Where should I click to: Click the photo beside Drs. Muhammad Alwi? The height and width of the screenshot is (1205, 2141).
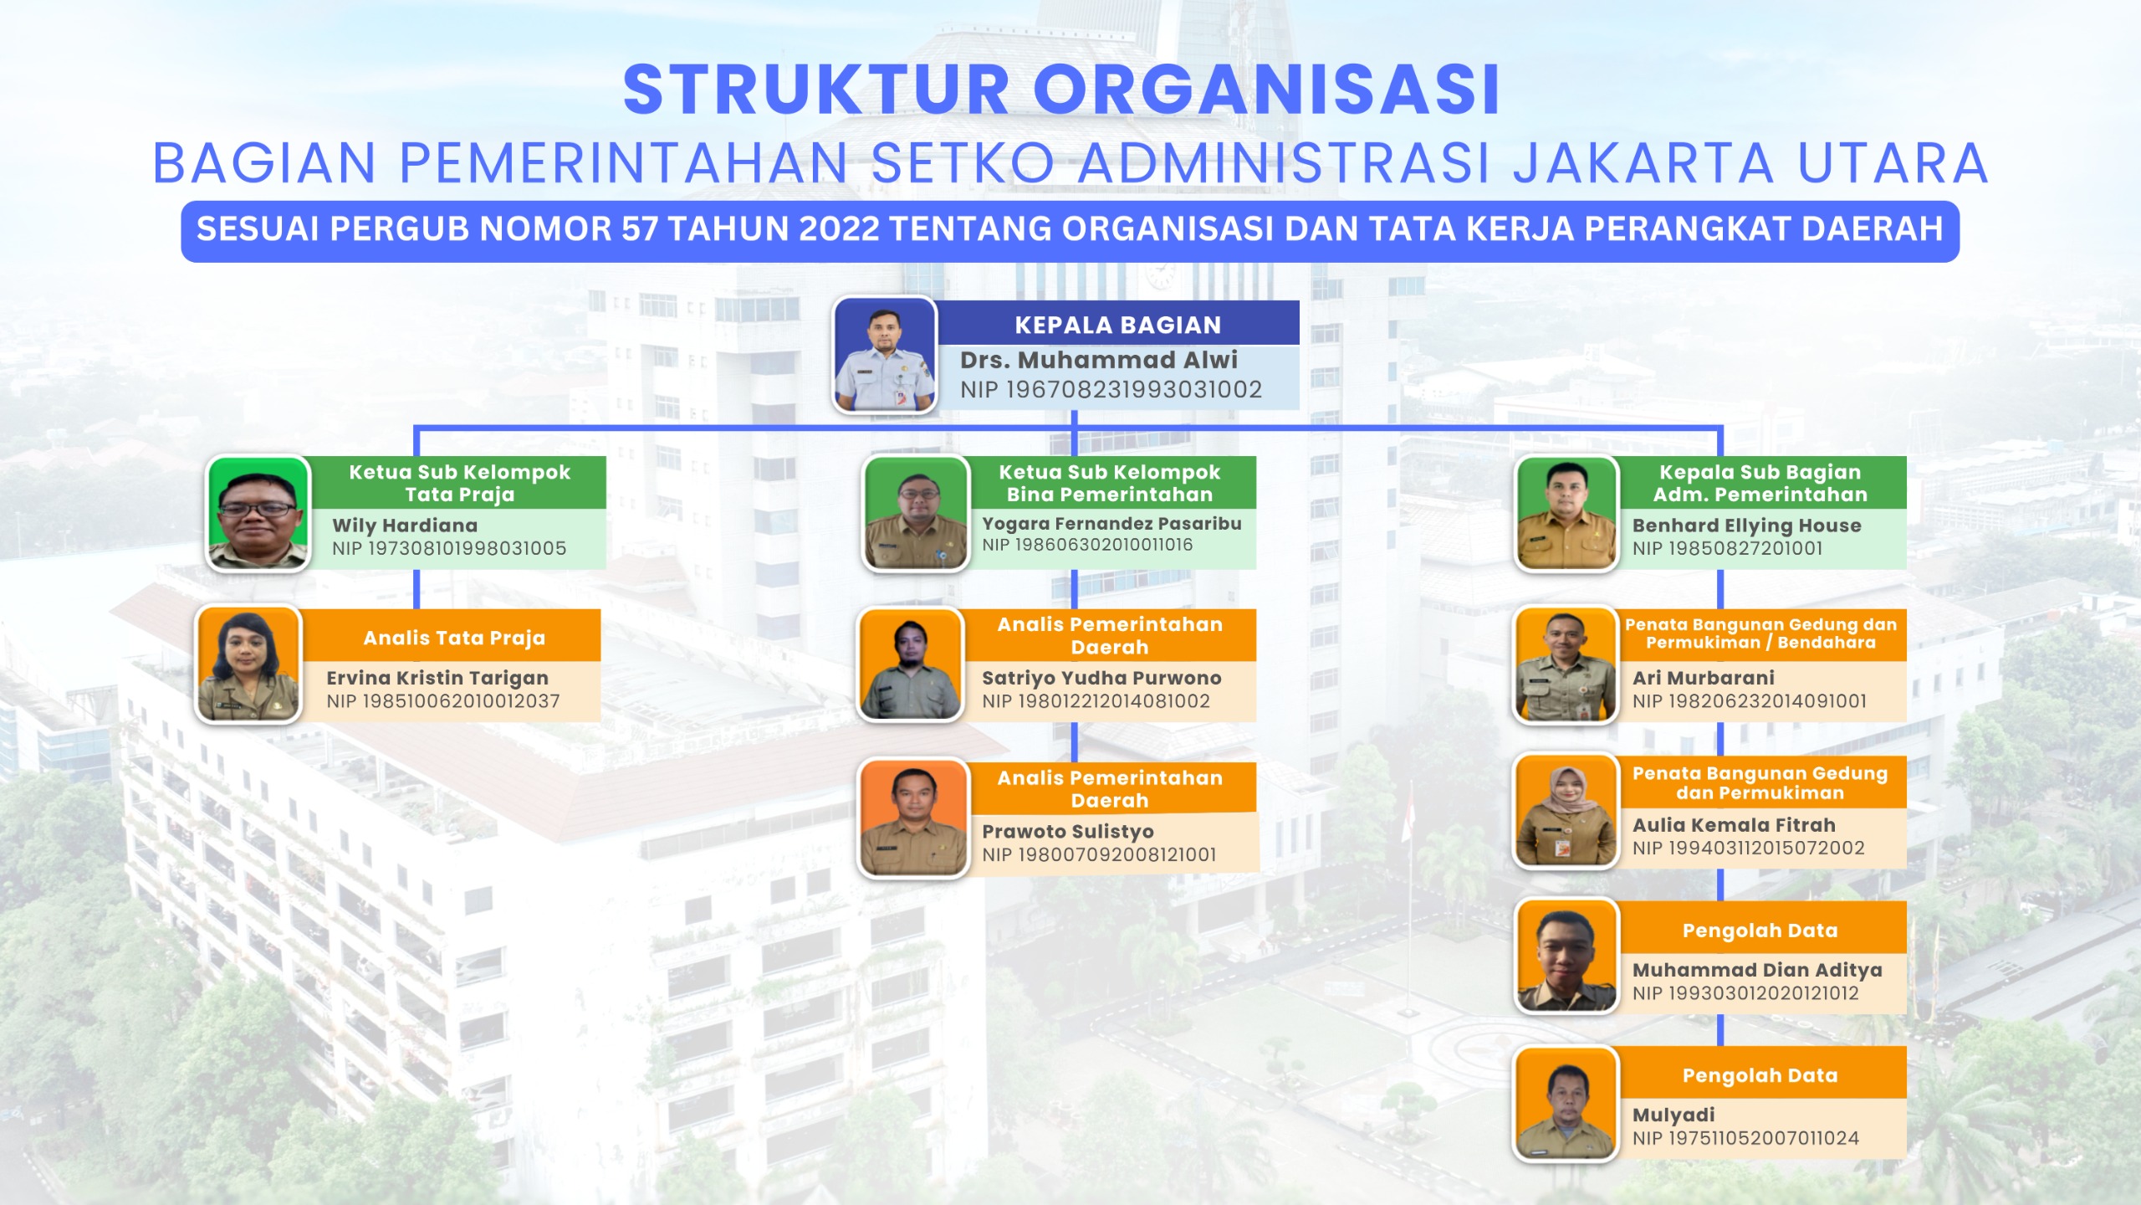tap(885, 355)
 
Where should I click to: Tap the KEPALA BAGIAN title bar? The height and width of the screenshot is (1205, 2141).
tap(1118, 324)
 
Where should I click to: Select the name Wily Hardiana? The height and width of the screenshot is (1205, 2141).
tap(405, 526)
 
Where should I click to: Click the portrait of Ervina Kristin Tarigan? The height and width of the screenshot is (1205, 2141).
tap(248, 664)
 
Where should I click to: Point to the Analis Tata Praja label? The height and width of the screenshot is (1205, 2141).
tap(454, 638)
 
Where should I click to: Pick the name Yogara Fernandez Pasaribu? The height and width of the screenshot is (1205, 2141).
tap(1111, 524)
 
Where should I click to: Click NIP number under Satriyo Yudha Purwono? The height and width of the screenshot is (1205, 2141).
tap(1096, 701)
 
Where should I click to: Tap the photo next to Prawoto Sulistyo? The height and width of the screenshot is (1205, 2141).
tap(912, 818)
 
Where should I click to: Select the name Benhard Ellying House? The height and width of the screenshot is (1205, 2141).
tap(1746, 526)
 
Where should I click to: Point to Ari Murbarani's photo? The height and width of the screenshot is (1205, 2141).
tap(1566, 664)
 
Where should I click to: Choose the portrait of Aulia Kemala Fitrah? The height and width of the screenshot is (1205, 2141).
tap(1566, 812)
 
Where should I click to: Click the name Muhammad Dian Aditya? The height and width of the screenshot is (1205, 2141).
tap(1757, 970)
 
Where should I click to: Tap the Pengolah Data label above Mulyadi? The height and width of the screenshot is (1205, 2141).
tap(1760, 1075)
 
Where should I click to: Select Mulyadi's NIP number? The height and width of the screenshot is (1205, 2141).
tap(1745, 1138)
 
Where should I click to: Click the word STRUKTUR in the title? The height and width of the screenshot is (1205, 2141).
tap(817, 90)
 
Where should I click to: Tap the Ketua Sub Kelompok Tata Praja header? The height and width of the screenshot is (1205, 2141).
tap(460, 483)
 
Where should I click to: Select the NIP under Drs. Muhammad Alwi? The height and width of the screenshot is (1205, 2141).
tap(1111, 390)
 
